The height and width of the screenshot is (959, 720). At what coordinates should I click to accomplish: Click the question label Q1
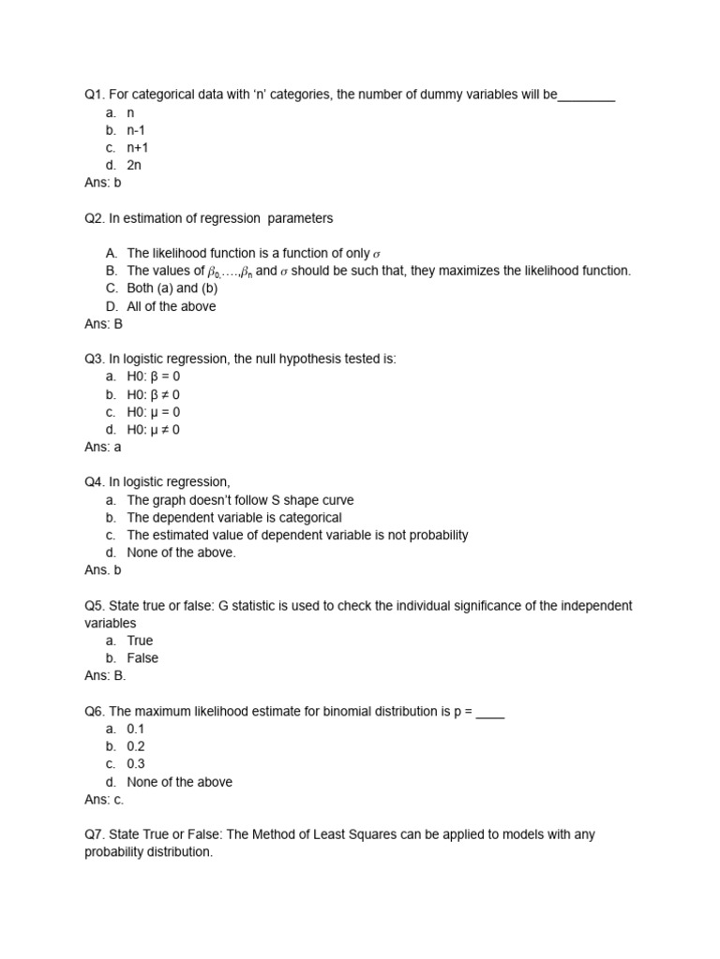(x=96, y=95)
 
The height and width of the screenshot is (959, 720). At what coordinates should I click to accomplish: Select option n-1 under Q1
(x=136, y=130)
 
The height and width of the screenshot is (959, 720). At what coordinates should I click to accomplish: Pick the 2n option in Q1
(x=134, y=165)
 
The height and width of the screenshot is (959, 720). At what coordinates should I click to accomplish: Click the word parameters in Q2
(x=300, y=218)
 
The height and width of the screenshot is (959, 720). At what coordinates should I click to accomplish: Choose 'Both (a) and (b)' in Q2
(x=172, y=288)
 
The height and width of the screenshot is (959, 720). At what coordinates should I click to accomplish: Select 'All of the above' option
(x=171, y=306)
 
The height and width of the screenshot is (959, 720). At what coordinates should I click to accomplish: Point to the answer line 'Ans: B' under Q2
(x=103, y=324)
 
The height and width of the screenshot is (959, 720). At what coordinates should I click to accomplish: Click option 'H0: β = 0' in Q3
(x=153, y=376)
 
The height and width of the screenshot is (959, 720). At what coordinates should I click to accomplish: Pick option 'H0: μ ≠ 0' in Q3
(x=153, y=429)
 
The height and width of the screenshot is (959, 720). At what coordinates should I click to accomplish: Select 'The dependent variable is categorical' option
(x=234, y=517)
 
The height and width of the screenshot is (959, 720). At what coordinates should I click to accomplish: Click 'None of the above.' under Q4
(x=181, y=553)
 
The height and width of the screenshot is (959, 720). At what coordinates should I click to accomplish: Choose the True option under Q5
(x=141, y=641)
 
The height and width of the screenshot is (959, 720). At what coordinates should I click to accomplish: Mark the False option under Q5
(x=142, y=658)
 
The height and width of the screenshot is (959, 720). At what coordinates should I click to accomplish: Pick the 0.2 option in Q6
(x=136, y=746)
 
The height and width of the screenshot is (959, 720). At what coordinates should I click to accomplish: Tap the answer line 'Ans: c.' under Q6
(x=103, y=800)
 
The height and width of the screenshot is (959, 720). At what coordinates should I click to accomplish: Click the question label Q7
(x=96, y=834)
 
